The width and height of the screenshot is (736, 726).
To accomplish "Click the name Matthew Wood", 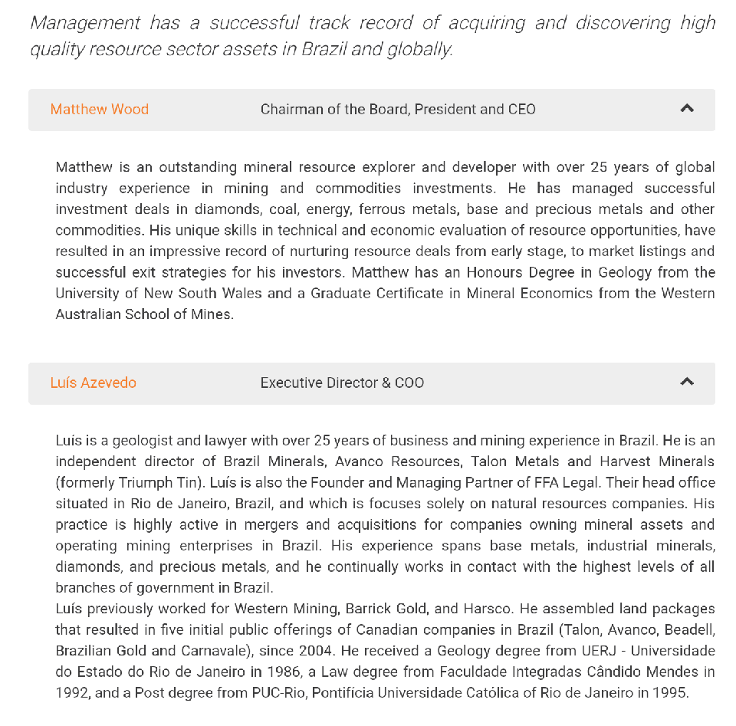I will (x=100, y=110).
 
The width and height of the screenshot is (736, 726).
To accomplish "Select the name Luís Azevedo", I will (x=94, y=383).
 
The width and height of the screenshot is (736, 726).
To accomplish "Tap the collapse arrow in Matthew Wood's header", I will (x=687, y=109).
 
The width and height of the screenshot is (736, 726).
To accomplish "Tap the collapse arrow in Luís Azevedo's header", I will (x=687, y=382).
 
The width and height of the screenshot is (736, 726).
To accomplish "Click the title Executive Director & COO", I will (x=342, y=383).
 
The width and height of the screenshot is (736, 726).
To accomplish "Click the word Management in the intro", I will (x=85, y=23).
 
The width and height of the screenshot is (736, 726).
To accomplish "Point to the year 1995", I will (x=671, y=693).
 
